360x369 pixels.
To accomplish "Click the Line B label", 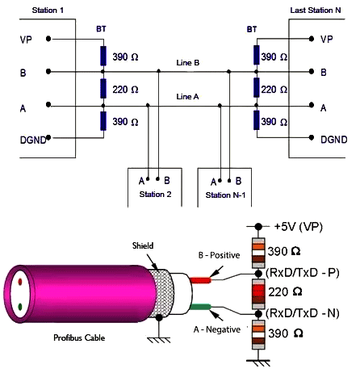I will click(x=188, y=62).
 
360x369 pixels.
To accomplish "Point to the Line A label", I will click(x=188, y=97).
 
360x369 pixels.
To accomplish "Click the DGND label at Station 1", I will click(x=31, y=140).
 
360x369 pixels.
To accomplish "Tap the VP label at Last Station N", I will click(x=326, y=39).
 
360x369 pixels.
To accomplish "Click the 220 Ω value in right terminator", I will click(x=286, y=90).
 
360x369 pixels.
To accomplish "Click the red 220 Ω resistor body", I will click(x=258, y=292).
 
